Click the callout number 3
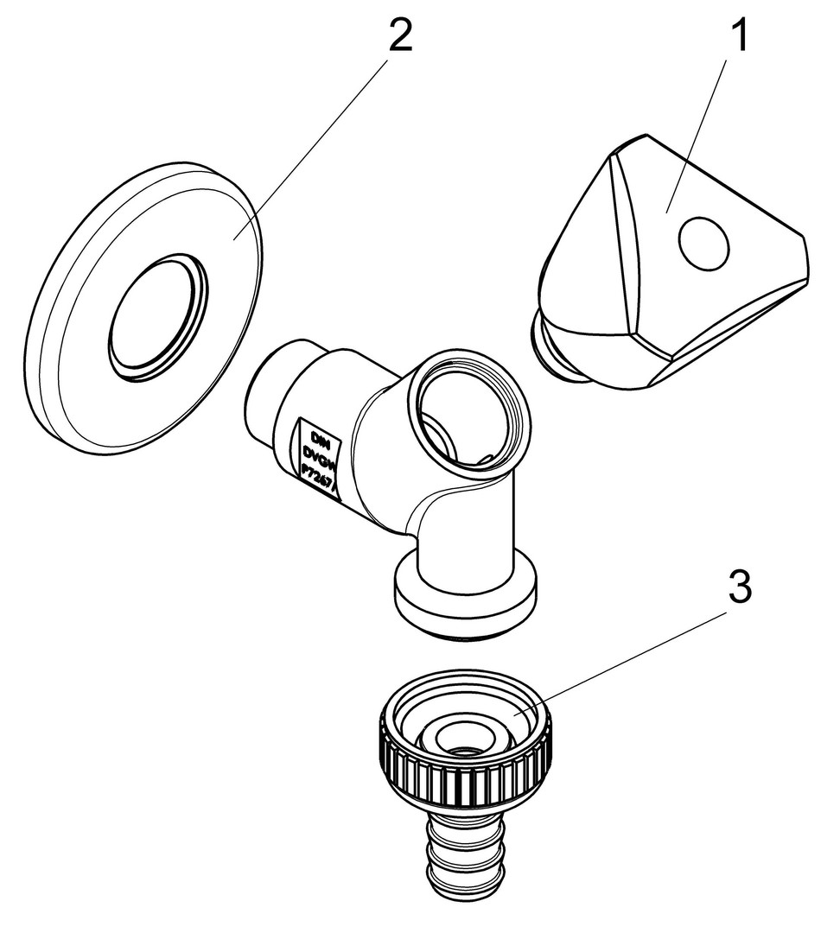click(x=737, y=591)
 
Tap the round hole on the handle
click(x=705, y=241)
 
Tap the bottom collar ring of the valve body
click(x=464, y=605)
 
